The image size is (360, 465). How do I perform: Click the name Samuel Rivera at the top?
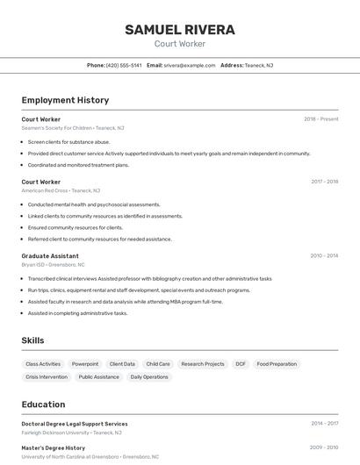(x=179, y=30)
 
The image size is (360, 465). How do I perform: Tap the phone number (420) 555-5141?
(x=123, y=65)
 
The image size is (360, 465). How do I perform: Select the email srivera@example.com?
(x=189, y=65)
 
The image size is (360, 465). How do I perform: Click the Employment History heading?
(x=65, y=100)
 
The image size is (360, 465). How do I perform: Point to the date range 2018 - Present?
(x=320, y=119)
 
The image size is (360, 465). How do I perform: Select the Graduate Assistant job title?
(x=50, y=256)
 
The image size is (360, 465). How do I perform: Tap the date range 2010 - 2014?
(x=324, y=256)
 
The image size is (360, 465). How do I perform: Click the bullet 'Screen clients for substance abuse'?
(x=68, y=141)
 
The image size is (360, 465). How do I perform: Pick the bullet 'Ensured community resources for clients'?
(x=75, y=227)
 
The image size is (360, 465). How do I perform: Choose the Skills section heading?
(x=32, y=340)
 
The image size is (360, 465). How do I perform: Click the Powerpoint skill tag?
(x=85, y=364)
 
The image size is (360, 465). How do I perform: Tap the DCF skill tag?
(x=241, y=364)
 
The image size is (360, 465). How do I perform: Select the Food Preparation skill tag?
(x=277, y=364)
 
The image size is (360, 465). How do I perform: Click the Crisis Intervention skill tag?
(x=47, y=377)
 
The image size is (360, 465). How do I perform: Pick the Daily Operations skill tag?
(x=149, y=377)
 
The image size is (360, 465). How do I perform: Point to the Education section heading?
(x=43, y=404)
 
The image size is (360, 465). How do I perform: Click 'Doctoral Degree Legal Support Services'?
(x=75, y=424)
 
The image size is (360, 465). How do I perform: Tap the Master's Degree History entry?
(x=54, y=447)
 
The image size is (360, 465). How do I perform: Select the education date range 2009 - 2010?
(x=324, y=447)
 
